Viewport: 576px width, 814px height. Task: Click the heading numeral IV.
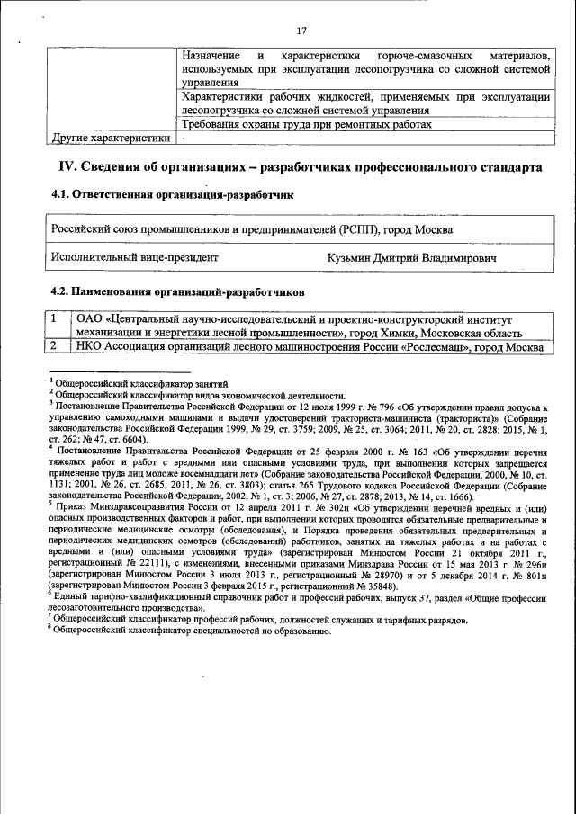67,167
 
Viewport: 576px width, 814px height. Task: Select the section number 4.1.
60,195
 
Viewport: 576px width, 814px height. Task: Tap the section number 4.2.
60,291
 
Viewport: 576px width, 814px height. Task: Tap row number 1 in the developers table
54,318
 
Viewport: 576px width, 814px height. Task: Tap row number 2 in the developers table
54,345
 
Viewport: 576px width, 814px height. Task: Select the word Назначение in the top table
210,56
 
